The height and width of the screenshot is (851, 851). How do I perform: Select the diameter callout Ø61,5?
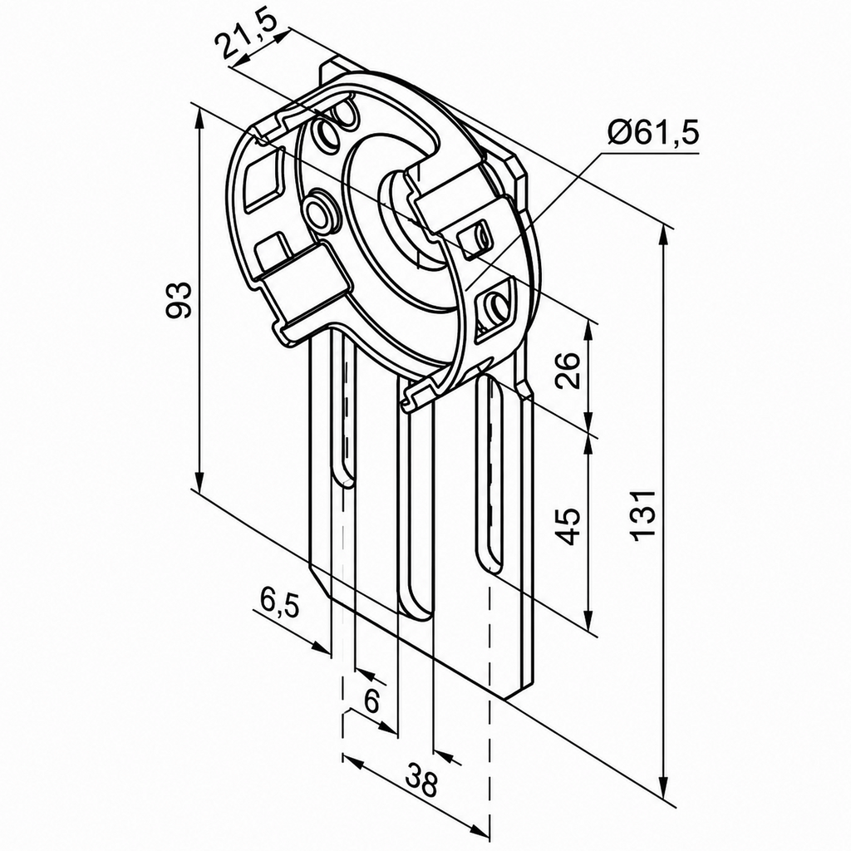coord(653,132)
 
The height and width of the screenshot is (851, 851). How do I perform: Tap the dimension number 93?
coord(180,299)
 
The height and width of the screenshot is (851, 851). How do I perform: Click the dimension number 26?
coord(568,370)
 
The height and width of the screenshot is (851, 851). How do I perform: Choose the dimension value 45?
coord(568,526)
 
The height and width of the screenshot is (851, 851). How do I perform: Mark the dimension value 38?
coord(421,780)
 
